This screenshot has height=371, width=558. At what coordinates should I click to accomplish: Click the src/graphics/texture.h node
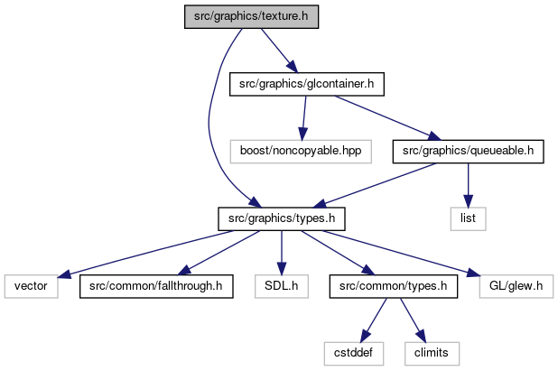pos(251,17)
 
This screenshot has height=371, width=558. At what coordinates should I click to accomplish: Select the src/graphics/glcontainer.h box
pos(307,84)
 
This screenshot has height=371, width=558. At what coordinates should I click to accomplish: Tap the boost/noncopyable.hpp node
pos(301,152)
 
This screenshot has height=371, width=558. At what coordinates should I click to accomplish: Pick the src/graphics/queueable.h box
pos(468,152)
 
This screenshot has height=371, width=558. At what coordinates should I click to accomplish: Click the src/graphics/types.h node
pos(282,218)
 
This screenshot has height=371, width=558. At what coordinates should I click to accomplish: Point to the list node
pos(468,218)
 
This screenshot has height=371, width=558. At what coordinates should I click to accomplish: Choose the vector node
pos(31,286)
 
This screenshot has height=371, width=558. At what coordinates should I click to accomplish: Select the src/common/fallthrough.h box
pos(156,286)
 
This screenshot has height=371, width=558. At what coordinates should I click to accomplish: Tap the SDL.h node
pos(282,286)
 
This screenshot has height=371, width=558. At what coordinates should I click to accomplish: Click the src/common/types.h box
pos(394,286)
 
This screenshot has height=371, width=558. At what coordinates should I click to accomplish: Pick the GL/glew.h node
pos(516,286)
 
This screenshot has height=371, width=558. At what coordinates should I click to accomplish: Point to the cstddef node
pos(353,354)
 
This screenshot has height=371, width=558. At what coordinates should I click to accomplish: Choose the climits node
pos(432,354)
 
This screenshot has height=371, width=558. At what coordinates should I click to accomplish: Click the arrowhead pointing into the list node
pos(468,201)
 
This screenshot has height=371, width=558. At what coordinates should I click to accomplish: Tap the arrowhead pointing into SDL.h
pos(282,269)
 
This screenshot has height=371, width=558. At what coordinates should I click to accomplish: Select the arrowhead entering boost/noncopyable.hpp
pos(302,134)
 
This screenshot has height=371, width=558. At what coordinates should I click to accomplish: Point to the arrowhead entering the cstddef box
pos(365,336)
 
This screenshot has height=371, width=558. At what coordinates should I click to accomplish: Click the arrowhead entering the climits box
pos(420,336)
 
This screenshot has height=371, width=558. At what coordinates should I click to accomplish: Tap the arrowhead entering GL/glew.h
pos(473,273)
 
